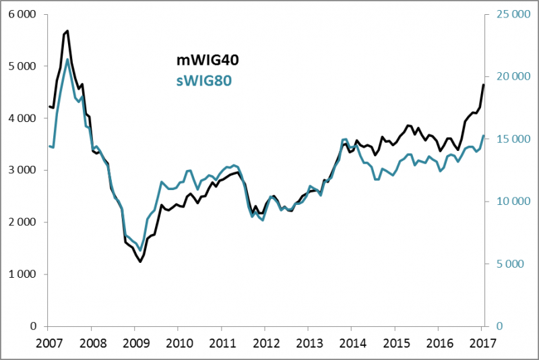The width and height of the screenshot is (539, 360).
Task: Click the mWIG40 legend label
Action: (203, 61)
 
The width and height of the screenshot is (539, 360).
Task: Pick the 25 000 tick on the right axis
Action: (509, 14)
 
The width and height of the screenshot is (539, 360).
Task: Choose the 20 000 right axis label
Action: (509, 77)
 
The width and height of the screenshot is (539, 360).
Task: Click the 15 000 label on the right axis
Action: (509, 139)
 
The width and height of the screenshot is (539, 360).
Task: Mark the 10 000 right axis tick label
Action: (509, 202)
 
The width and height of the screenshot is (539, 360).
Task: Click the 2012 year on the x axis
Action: (264, 342)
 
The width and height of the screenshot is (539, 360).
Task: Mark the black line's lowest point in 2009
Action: (140, 262)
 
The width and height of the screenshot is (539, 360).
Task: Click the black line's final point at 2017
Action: (483, 84)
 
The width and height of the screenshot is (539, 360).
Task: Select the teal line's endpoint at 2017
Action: (483, 136)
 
